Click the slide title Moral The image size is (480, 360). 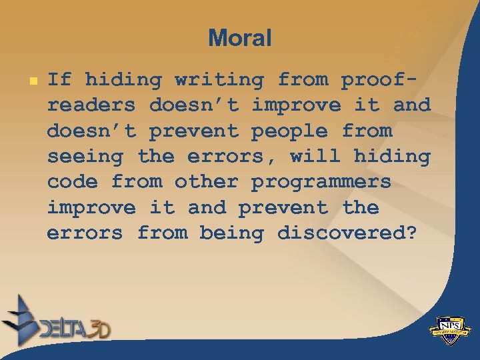239,38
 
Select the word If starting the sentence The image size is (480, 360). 59,80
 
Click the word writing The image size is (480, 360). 219,81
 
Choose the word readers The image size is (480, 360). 91,106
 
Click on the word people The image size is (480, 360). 289,132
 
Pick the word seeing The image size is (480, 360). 85,157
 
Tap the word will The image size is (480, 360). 315,157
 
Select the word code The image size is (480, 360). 72,183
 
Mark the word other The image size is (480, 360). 207,183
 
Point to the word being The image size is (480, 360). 231,234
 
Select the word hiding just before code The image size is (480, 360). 392,157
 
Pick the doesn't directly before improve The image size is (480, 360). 193,106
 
